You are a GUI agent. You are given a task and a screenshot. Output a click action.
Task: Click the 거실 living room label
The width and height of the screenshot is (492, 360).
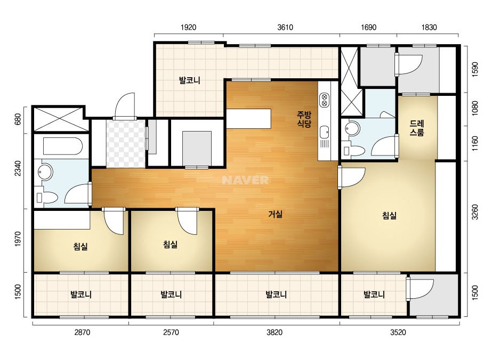point(275,214)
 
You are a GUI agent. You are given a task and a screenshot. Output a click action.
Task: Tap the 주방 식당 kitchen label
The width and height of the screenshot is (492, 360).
point(304,119)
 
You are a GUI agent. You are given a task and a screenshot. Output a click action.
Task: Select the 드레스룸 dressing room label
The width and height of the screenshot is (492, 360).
point(417,128)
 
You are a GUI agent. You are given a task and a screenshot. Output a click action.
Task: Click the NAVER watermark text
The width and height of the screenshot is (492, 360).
point(245,180)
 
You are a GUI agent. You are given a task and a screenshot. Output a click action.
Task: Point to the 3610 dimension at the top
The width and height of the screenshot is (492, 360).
point(285,27)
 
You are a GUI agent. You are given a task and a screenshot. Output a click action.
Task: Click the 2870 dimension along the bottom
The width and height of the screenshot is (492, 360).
point(82,332)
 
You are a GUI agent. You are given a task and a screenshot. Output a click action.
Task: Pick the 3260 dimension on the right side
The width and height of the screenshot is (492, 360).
point(475,212)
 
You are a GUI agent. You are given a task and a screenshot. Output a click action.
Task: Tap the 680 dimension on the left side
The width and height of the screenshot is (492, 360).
point(18,119)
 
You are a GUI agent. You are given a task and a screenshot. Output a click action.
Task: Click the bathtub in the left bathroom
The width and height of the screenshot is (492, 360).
point(63,146)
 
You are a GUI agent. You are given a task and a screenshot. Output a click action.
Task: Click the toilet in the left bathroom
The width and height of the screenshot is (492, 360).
point(47,198)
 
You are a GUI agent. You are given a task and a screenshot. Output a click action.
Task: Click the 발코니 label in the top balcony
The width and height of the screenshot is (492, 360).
point(190,80)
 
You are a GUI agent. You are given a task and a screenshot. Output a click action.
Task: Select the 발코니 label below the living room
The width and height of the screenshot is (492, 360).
point(276,294)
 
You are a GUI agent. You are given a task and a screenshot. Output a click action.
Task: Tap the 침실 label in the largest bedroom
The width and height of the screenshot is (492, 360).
point(390,216)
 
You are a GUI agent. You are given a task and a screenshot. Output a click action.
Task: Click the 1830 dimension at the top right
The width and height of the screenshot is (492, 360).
point(429,27)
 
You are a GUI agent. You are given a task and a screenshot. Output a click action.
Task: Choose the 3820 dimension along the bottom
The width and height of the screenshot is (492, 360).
point(275,332)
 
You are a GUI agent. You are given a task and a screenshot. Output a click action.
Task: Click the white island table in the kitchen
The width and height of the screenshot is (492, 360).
point(248,119)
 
